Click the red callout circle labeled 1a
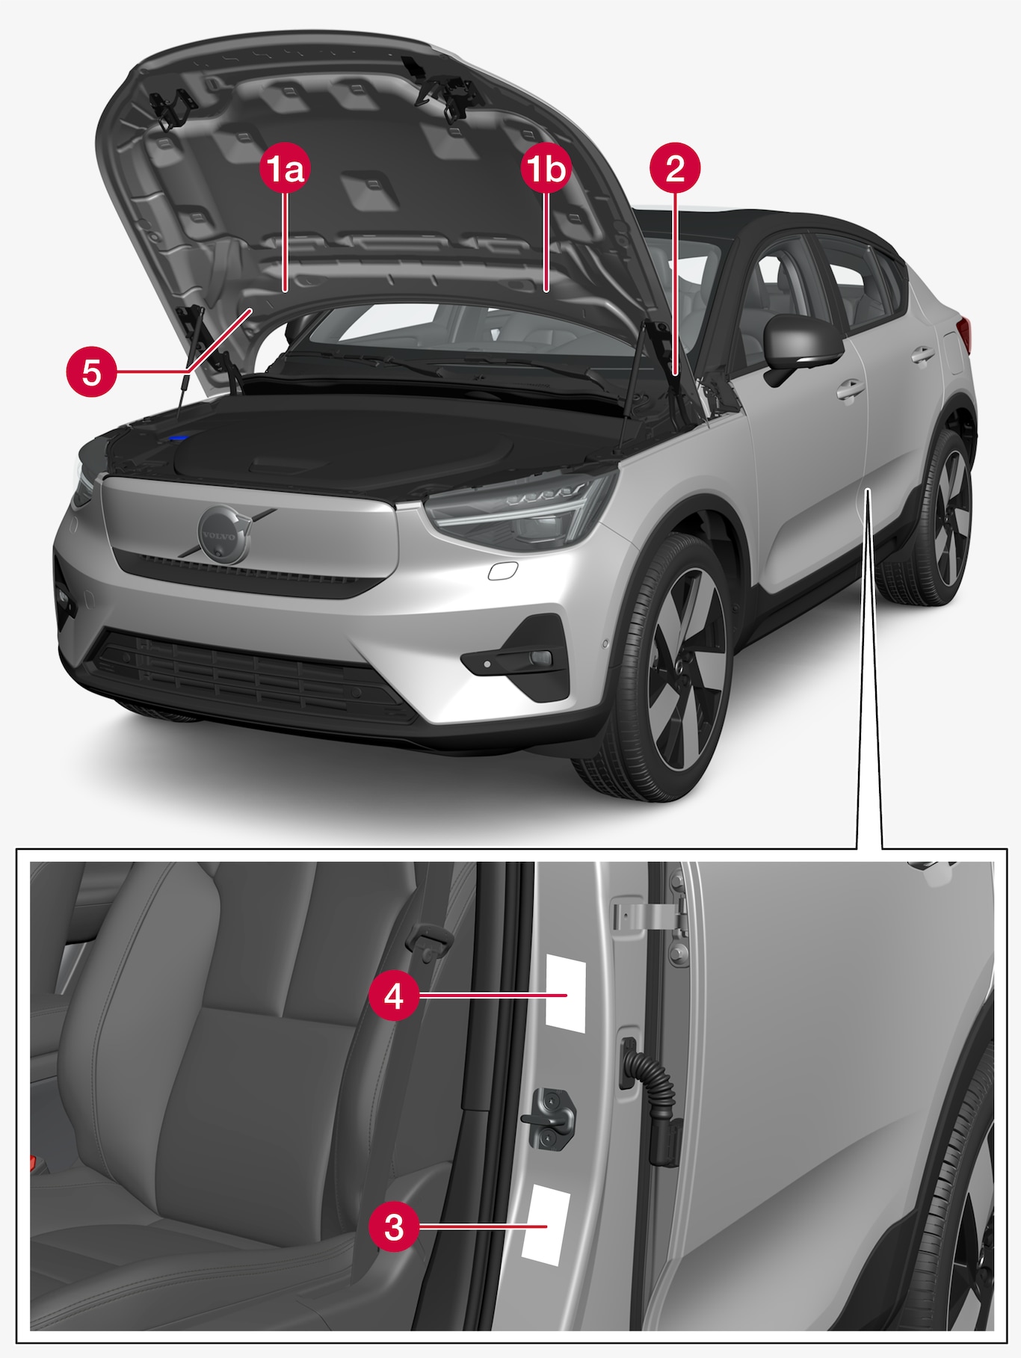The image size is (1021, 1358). coord(285,170)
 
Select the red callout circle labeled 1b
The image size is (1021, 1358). coord(546,170)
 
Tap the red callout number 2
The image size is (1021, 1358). coord(675,169)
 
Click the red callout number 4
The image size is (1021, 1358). coord(394,996)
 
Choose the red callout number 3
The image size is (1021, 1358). coord(394,1227)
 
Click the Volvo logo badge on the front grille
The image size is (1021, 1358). coord(223,534)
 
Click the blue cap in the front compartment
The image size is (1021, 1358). coord(179,436)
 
